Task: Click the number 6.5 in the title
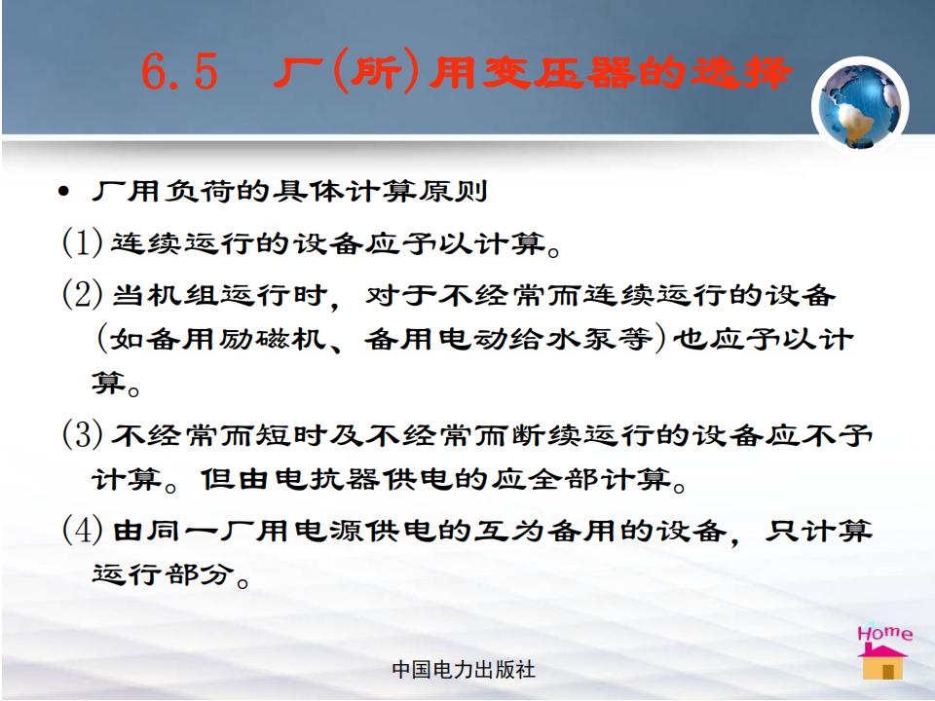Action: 179,71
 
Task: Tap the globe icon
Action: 859,105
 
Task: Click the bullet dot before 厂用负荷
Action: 64,193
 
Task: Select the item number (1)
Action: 83,242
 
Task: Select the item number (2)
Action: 83,294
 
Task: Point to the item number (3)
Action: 83,434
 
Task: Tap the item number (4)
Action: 83,530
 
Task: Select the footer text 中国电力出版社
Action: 464,670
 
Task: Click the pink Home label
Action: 885,633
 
